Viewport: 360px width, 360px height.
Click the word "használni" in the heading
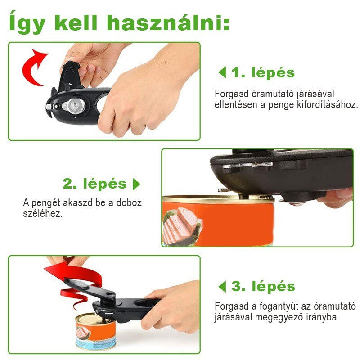click(168, 23)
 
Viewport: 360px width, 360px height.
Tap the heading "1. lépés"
click(263, 72)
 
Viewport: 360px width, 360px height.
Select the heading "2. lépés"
click(94, 184)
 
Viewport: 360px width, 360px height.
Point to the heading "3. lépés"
click(263, 286)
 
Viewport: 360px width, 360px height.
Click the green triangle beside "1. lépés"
click(222, 72)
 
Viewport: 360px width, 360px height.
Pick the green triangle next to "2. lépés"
click(137, 184)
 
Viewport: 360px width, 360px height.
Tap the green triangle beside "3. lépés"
click(222, 287)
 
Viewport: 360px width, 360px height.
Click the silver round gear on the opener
click(75, 106)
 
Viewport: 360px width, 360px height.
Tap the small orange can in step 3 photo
click(96, 331)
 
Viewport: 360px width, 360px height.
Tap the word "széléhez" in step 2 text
click(43, 214)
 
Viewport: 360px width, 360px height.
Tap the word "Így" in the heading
click(27, 22)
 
